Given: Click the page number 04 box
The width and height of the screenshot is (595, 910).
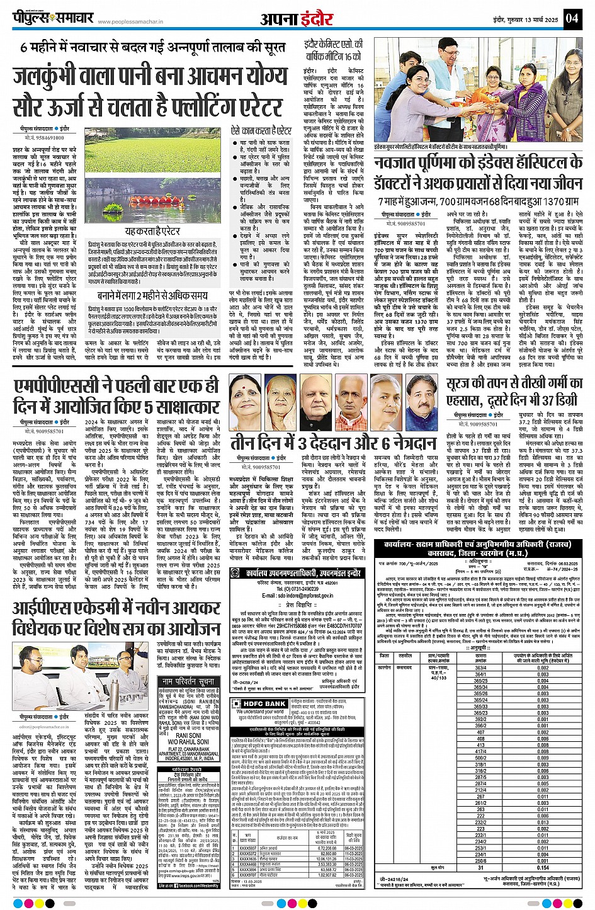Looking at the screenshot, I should click(x=572, y=18).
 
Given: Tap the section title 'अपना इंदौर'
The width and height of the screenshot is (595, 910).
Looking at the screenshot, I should click(x=297, y=19).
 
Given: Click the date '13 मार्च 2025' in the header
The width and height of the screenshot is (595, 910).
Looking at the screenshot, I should click(x=541, y=20).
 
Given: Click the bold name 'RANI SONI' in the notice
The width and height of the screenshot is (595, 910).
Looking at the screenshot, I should click(x=188, y=735).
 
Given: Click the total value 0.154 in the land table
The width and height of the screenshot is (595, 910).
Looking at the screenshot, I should click(x=543, y=867).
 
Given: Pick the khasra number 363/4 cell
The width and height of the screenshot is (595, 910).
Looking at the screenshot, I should click(x=480, y=668).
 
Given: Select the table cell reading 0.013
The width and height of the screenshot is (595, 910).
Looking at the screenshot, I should click(x=543, y=822).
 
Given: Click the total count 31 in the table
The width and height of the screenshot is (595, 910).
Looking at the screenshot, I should click(x=480, y=867).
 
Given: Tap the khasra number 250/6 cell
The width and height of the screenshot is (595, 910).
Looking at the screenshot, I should click(x=480, y=860).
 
